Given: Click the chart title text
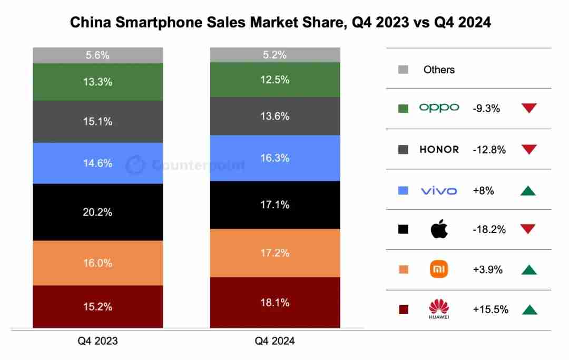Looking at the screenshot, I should pos(280,23).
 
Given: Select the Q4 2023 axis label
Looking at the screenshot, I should pos(97,341).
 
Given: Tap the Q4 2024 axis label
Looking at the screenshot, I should pos(274,341).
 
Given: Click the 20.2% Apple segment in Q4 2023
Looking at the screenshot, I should pos(97,212).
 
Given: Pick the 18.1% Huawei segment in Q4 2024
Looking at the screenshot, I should pos(274,303).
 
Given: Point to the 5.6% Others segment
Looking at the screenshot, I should pos(97,55).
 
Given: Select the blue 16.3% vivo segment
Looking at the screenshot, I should pos(274,158).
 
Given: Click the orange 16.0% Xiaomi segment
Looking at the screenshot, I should pos(97,262).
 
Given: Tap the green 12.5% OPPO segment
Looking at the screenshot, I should pos(274,80).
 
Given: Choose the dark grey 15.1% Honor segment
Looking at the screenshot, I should pos(97,122).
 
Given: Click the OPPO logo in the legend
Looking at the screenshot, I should pos(439,108).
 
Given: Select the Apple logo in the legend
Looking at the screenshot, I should pos(439,229).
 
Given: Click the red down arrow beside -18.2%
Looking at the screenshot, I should pos(528,229).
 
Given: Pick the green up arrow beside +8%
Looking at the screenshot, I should pos(528,190).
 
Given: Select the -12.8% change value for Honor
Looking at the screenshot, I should pos(489,150).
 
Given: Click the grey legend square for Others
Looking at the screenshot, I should pos(404,70).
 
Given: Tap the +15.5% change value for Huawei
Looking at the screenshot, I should pos(490,310).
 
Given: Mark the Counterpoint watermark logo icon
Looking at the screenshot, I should pos(135,165).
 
